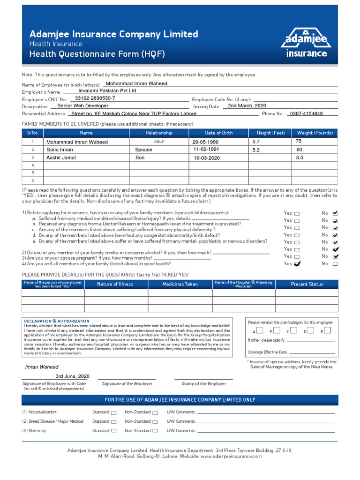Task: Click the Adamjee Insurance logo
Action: pos(307,42)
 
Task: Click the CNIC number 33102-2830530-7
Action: pos(95,98)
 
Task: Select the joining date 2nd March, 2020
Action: pos(247,106)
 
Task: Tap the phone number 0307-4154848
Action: pos(306,114)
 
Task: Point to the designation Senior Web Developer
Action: pos(82,106)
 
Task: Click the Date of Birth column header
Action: pos(218,133)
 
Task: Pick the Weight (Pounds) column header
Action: pos(315,133)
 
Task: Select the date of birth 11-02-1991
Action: pos(207,149)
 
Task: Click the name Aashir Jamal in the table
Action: pos(61,158)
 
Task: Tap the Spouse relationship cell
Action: pos(143,150)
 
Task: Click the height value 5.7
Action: pos(256,141)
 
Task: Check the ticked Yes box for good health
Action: pos(297,264)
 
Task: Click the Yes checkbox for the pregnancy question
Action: pos(297,257)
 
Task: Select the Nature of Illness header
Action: pos(115,284)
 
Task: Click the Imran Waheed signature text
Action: pos(42,367)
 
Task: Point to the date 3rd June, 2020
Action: pos(72,376)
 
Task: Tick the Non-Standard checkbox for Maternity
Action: pos(155,431)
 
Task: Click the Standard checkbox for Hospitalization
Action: pos(113,412)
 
